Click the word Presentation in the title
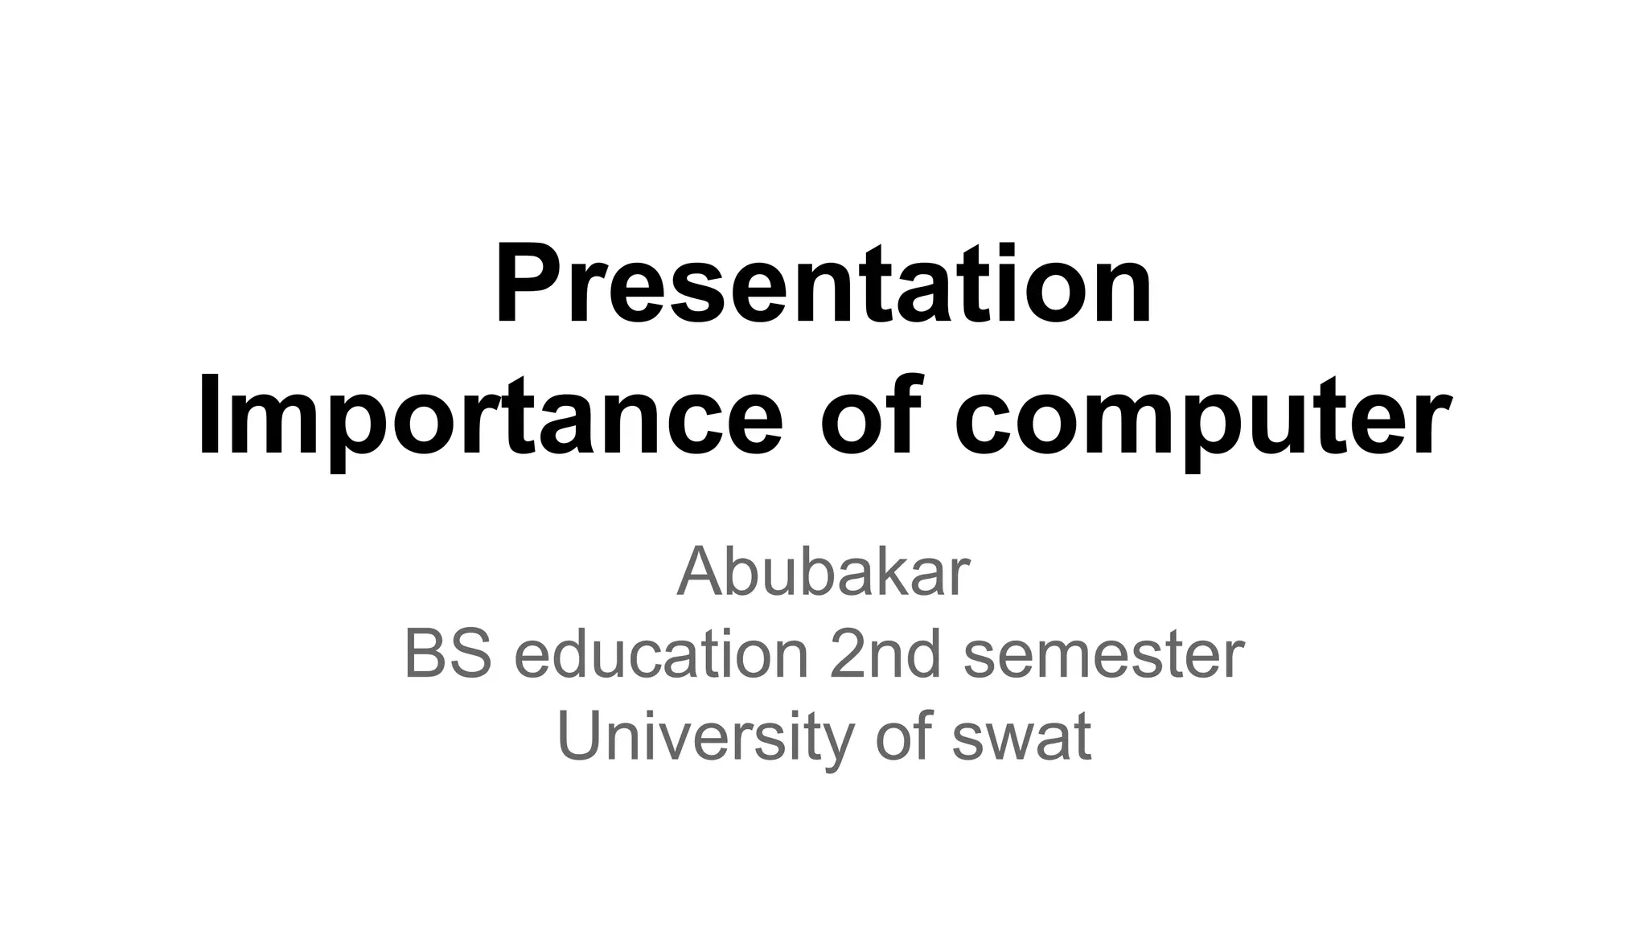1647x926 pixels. (823, 285)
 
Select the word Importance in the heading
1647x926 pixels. (491, 418)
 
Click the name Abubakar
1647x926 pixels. (823, 572)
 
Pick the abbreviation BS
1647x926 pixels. (447, 654)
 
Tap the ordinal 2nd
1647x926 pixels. (885, 654)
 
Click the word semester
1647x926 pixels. (1103, 656)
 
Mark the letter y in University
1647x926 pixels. (837, 744)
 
